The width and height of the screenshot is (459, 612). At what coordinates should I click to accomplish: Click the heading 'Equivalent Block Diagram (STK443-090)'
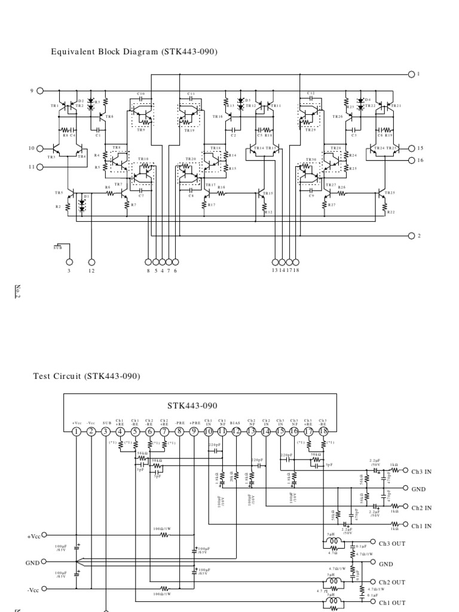click(133, 52)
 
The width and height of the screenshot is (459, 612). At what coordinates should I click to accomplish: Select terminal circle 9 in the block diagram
click(40, 91)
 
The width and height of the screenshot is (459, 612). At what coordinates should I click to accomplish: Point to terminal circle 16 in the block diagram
click(411, 160)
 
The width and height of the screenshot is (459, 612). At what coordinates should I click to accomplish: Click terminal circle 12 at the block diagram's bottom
click(91, 262)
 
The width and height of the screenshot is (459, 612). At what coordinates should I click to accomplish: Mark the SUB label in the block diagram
click(57, 247)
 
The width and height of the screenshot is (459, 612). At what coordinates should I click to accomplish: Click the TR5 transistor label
click(58, 192)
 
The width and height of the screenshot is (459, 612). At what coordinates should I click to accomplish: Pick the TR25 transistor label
click(390, 192)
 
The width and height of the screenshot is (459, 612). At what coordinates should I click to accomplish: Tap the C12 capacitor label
click(311, 94)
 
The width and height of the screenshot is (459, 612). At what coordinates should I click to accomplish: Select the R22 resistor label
click(391, 212)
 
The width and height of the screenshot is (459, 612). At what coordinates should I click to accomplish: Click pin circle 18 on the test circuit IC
click(323, 432)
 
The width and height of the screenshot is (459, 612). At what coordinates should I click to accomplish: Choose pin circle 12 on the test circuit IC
click(236, 432)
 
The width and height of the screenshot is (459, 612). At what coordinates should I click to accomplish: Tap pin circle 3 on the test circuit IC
click(106, 432)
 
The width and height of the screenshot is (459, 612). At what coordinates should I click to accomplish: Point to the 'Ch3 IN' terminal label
click(421, 471)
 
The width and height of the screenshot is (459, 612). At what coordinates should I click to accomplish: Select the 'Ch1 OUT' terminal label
click(391, 602)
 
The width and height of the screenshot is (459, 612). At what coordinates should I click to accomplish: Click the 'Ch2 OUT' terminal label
click(391, 582)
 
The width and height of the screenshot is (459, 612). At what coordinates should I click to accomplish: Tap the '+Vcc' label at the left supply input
click(34, 536)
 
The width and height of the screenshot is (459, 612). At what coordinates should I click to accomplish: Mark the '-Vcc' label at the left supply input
click(33, 589)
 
